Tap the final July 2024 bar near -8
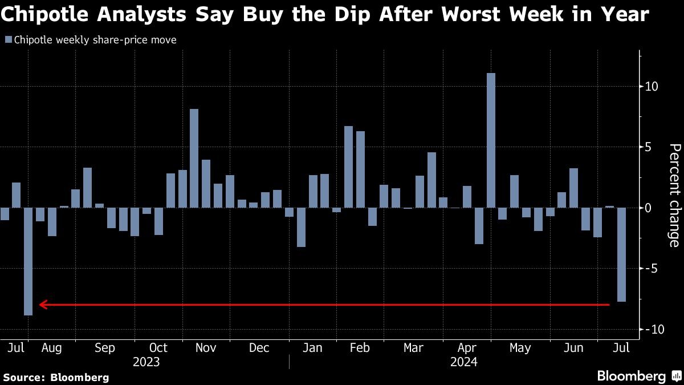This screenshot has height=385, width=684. (621, 254)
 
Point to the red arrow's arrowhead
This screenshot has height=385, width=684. (43, 305)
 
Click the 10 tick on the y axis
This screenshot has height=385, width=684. (652, 87)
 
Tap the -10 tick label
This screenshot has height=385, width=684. (652, 330)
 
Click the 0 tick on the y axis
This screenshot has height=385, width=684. (648, 208)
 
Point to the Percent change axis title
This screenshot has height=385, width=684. (674, 196)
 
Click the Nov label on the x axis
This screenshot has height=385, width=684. (206, 348)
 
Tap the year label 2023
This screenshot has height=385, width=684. (146, 362)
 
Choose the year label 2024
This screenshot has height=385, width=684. (463, 362)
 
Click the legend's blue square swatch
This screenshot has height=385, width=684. (8, 40)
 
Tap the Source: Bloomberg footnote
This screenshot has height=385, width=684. (56, 377)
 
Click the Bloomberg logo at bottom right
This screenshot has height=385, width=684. (638, 376)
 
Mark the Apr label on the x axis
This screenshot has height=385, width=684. (467, 348)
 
